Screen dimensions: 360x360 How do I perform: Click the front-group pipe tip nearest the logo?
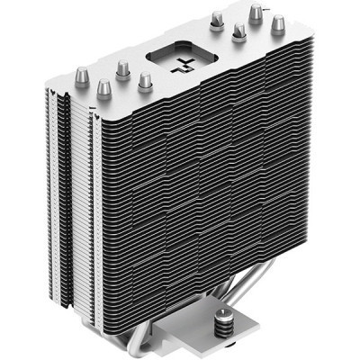pos(145,81)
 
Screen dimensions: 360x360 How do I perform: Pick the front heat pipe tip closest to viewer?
pos(103,87)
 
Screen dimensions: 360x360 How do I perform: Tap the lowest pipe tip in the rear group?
pos(239,32)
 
